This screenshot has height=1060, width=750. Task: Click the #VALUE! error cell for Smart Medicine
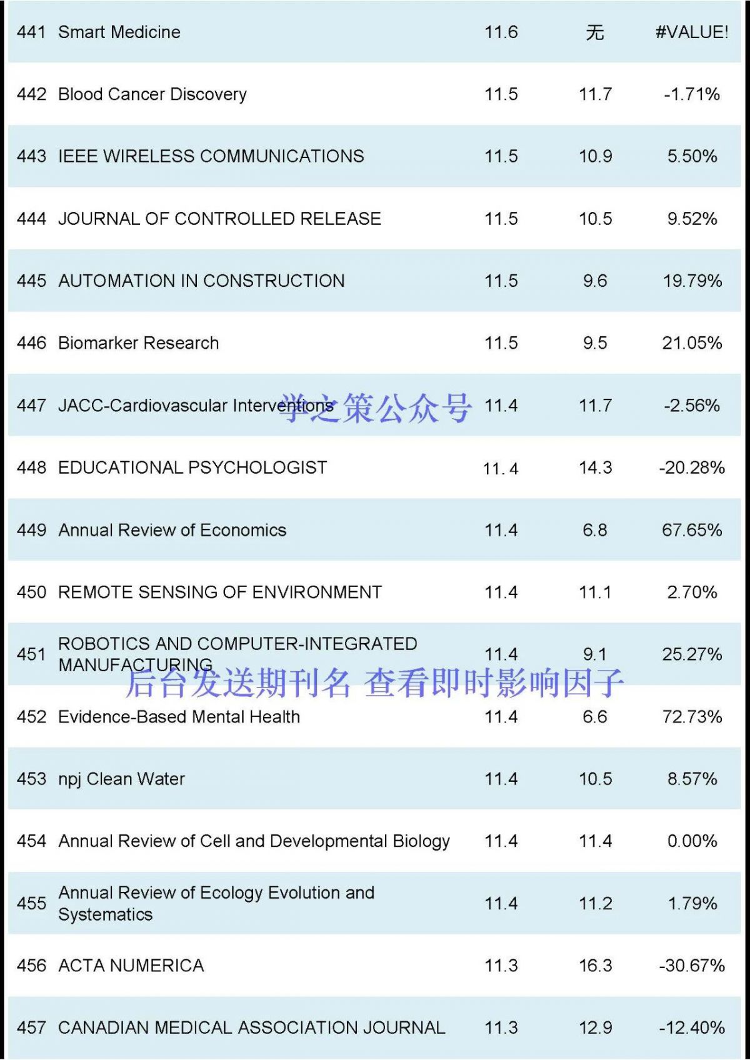click(691, 32)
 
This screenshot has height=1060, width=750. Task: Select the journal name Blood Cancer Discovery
click(152, 94)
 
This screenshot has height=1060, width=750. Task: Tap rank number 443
click(31, 156)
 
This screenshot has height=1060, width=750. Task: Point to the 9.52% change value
click(692, 219)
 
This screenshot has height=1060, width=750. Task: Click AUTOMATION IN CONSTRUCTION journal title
click(201, 281)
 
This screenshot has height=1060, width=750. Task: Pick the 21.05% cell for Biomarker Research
click(692, 343)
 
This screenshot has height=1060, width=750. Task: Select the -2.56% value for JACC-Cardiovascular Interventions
click(692, 406)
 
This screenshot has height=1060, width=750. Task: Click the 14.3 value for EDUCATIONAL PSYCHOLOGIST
click(595, 467)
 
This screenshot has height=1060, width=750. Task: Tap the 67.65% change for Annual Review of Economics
click(692, 530)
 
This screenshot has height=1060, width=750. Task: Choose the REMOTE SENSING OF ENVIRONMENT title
click(219, 592)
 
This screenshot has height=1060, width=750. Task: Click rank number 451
click(31, 654)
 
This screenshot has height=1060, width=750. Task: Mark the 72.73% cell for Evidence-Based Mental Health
click(692, 717)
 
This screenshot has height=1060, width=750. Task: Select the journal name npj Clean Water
click(121, 779)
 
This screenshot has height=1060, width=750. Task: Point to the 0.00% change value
click(692, 841)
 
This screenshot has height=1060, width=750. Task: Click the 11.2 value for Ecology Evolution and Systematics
click(595, 904)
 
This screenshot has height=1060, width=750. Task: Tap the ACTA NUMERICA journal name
click(131, 966)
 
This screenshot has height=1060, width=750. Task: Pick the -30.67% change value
click(692, 966)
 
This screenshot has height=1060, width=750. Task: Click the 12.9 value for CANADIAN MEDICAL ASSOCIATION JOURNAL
click(595, 1028)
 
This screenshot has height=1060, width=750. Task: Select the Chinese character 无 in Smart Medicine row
click(595, 32)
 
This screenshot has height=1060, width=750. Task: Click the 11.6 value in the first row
click(501, 32)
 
